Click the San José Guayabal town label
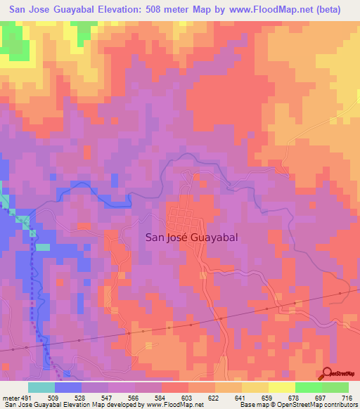pyautogui.click(x=191, y=238)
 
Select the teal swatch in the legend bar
pyautogui.click(x=41, y=387)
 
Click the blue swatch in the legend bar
pyautogui.click(x=68, y=387)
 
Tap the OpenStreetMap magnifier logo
pyautogui.click(x=328, y=373)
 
